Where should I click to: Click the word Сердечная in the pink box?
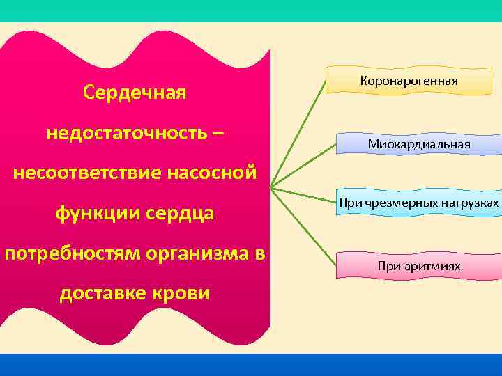tap(134, 92)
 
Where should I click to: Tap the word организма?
tap(197, 253)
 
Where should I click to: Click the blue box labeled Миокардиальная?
tap(419, 144)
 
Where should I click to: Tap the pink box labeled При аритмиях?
tap(418, 266)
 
